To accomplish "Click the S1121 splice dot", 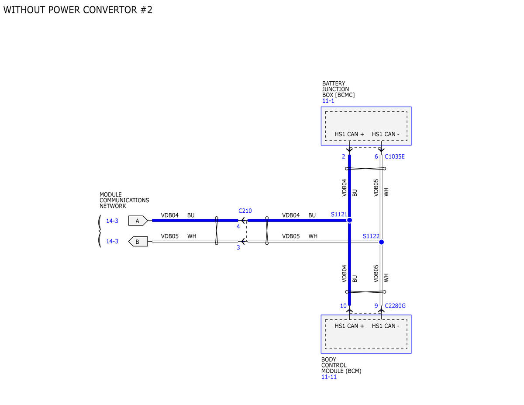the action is tap(349, 220).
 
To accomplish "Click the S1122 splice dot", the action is tap(381, 242).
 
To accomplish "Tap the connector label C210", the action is tap(245, 211).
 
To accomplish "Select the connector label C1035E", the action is tap(394, 156).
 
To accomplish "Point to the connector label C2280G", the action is tap(395, 306).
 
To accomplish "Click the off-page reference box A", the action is tap(138, 221).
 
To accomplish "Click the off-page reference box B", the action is tap(138, 242).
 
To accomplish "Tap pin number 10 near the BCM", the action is tap(343, 306).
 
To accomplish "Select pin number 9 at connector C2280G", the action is tap(376, 306).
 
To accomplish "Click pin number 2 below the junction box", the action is tap(343, 156).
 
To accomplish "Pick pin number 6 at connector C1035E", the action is tap(376, 156).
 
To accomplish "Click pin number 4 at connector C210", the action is tap(238, 226).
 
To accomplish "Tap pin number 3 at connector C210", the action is tap(238, 247).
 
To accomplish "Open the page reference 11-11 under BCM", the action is tap(329, 377).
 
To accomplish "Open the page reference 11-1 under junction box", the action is tap(328, 101).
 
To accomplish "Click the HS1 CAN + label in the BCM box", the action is tap(349, 326).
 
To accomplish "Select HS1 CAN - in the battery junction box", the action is tap(386, 134).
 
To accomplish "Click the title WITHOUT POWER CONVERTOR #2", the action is tap(78, 10).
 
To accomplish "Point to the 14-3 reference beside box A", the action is tap(112, 221).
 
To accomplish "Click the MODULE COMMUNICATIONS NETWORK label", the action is tap(124, 200).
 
